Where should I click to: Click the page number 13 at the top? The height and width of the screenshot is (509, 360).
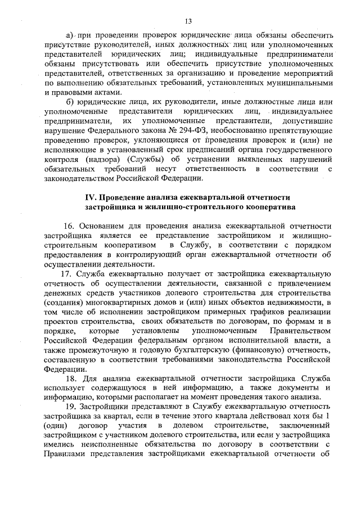click(188, 21)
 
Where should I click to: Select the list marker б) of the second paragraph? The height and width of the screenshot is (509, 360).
click(71, 101)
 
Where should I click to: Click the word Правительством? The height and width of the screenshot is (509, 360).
click(296, 331)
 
